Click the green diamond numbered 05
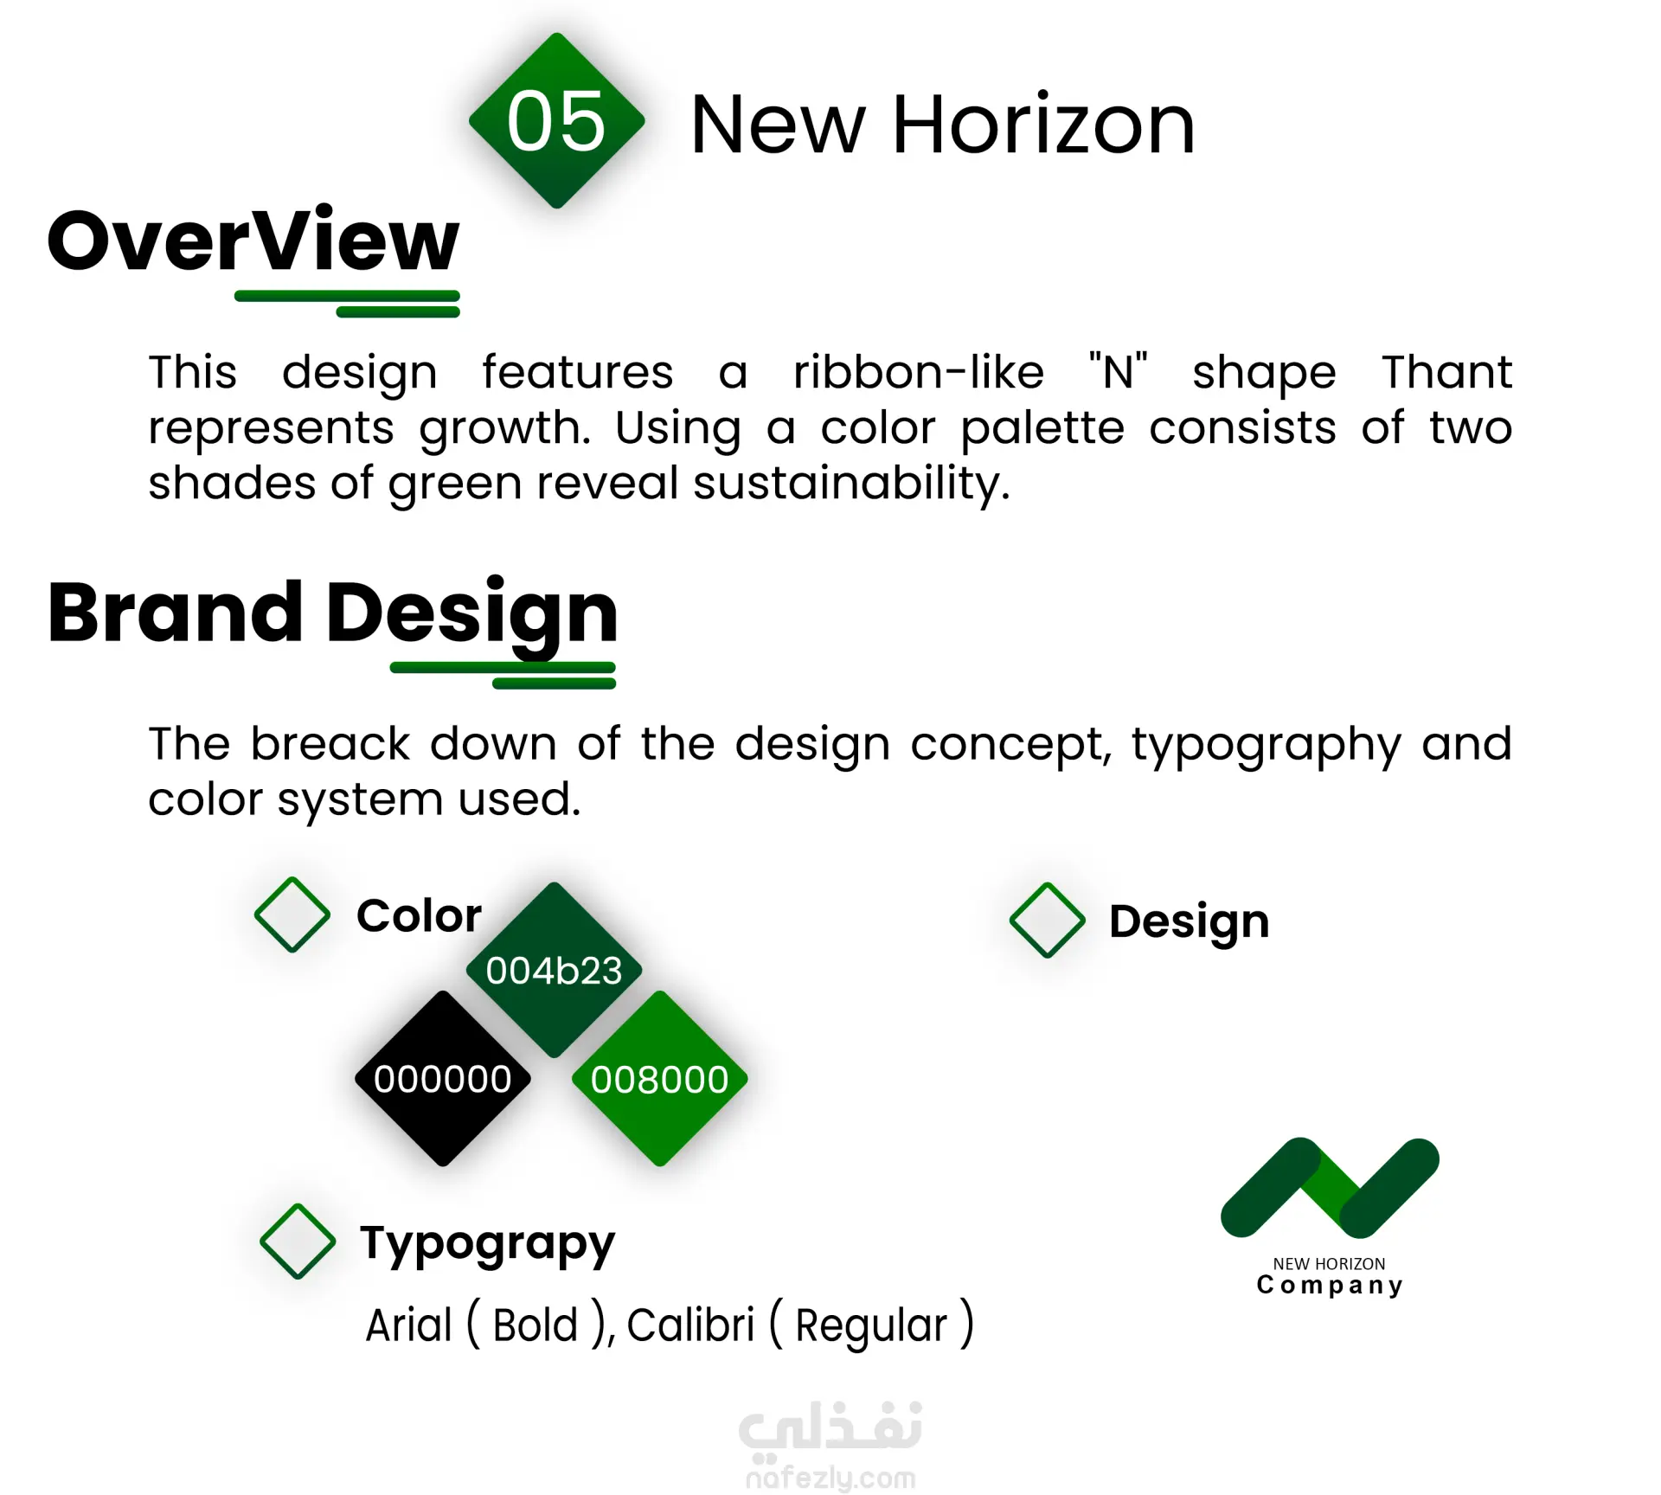pyautogui.click(x=556, y=120)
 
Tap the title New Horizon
pyautogui.click(x=942, y=125)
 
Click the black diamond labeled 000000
pyautogui.click(x=442, y=1079)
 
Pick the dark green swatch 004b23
pyautogui.click(x=554, y=970)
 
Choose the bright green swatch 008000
pyautogui.click(x=659, y=1079)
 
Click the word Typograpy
pyautogui.click(x=487, y=1244)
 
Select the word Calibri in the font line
pyautogui.click(x=690, y=1325)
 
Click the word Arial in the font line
pyautogui.click(x=408, y=1325)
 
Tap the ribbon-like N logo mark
pyautogui.click(x=1330, y=1188)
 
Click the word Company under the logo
pyautogui.click(x=1330, y=1286)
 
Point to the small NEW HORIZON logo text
pyautogui.click(x=1329, y=1264)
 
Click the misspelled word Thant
pyautogui.click(x=1446, y=372)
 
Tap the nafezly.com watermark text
pyautogui.click(x=830, y=1478)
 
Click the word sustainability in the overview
pyautogui.click(x=851, y=483)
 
